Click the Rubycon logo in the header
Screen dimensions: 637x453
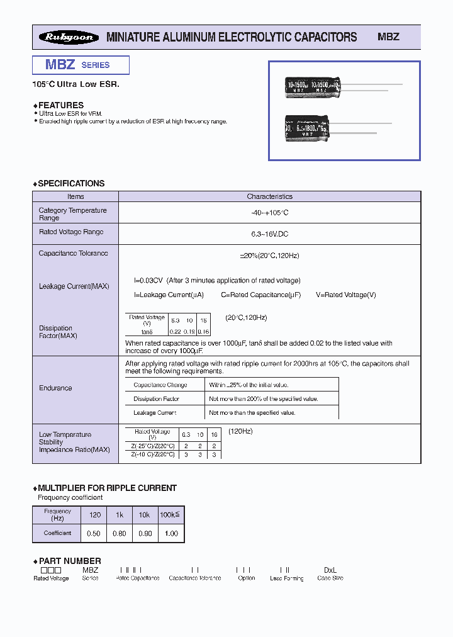click(x=69, y=37)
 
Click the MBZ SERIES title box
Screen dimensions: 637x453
click(x=81, y=65)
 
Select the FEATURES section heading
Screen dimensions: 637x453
click(x=60, y=105)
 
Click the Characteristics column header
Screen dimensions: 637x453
click(x=269, y=196)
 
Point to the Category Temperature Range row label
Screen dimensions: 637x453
click(x=72, y=214)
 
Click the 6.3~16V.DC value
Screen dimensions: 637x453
click(x=269, y=234)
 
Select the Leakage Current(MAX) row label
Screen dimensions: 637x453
click(x=74, y=286)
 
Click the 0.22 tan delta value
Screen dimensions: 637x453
click(x=176, y=331)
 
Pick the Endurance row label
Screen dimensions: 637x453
click(x=55, y=388)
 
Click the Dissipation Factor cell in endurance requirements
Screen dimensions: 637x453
click(x=156, y=399)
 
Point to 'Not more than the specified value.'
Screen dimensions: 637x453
click(x=252, y=413)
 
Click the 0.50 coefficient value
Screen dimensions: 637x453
click(x=94, y=533)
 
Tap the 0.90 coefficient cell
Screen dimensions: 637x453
click(x=144, y=533)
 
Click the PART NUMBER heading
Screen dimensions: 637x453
click(x=69, y=561)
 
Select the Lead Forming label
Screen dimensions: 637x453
click(x=286, y=578)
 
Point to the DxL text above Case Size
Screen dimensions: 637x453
click(x=330, y=570)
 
